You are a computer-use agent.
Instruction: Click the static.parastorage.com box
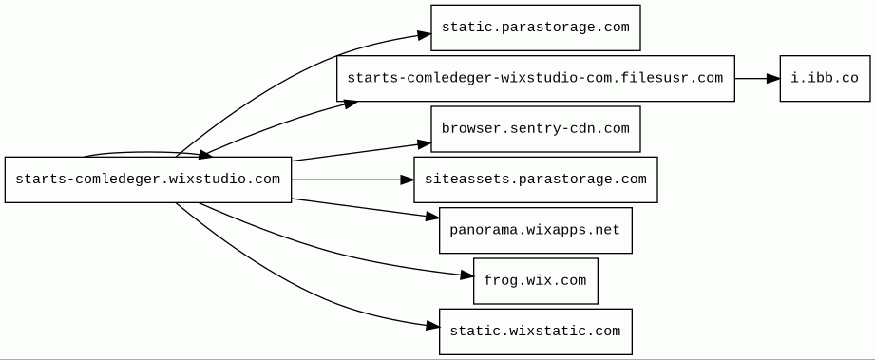(x=535, y=28)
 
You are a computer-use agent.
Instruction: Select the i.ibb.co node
(x=825, y=78)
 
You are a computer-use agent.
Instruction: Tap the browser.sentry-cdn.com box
(x=535, y=129)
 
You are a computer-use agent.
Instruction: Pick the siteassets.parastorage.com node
(x=535, y=180)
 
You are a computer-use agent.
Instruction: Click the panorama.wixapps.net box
(x=535, y=231)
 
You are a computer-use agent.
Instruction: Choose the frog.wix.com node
(x=535, y=281)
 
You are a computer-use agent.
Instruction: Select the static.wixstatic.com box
(x=535, y=332)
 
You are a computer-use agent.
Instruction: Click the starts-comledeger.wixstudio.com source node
(x=148, y=180)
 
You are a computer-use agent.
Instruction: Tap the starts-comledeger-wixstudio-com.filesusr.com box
(x=535, y=78)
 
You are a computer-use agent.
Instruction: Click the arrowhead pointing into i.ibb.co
(x=773, y=79)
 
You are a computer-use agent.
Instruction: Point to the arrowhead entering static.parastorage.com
(x=424, y=35)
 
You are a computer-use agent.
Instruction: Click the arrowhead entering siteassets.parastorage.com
(x=408, y=180)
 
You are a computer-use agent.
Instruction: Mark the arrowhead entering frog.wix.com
(x=466, y=275)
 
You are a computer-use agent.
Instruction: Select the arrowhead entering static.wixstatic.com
(x=432, y=326)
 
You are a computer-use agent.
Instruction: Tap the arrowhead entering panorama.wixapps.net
(x=432, y=217)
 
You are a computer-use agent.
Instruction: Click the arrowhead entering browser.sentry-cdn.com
(x=424, y=144)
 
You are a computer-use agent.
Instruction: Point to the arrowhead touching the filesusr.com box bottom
(x=351, y=104)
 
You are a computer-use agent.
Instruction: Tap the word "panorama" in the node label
(x=477, y=231)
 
